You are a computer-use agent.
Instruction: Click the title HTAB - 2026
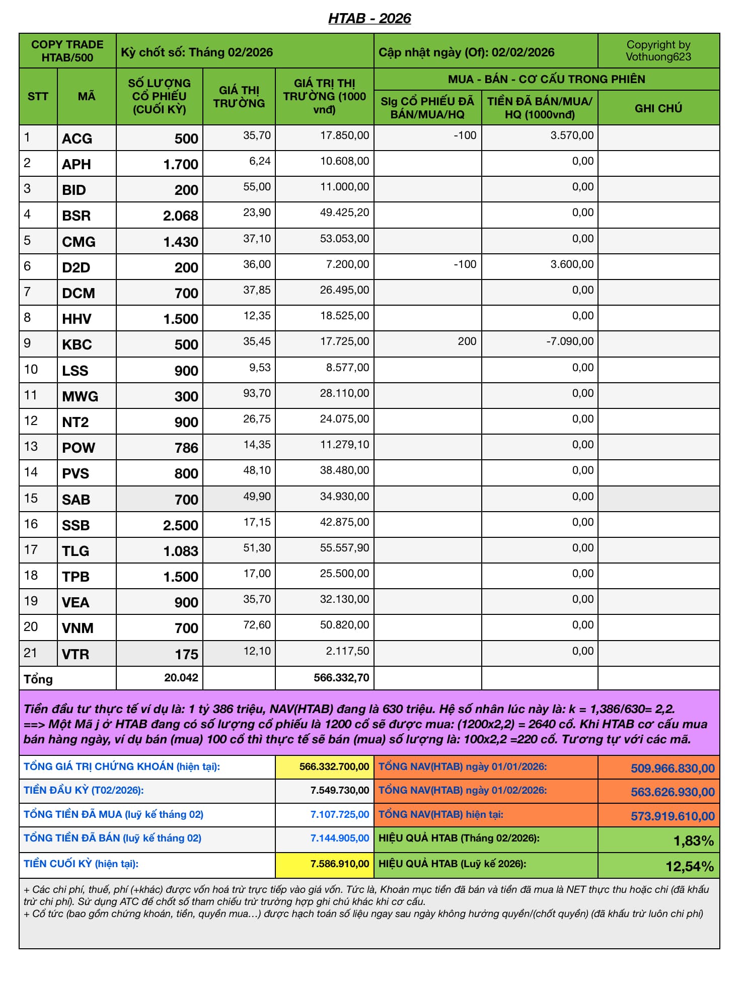tap(369, 19)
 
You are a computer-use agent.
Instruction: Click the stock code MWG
tap(80, 396)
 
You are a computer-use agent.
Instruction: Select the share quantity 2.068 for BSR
tap(180, 216)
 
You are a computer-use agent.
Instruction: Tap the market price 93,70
tap(257, 393)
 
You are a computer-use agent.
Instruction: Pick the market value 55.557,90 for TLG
tap(344, 547)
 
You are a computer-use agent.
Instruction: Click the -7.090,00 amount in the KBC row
tap(570, 341)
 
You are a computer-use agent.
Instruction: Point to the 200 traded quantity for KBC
tap(467, 341)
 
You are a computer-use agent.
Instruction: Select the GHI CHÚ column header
tap(658, 108)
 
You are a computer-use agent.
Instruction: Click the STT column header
tap(38, 96)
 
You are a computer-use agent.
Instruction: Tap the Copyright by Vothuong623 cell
tap(658, 51)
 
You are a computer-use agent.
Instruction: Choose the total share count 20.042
tap(181, 678)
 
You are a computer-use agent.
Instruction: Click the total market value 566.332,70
tap(341, 678)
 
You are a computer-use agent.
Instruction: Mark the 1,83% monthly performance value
tap(693, 840)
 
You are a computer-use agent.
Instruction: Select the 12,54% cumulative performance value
tap(689, 866)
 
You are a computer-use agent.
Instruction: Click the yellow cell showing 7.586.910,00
tap(339, 864)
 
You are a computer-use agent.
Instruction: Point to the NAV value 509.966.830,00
tap(673, 768)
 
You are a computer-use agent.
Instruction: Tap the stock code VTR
tap(76, 654)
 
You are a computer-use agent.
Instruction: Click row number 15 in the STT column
tap(31, 498)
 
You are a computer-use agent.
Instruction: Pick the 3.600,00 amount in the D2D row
tap(572, 264)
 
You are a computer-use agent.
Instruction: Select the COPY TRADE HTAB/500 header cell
tap(67, 51)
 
